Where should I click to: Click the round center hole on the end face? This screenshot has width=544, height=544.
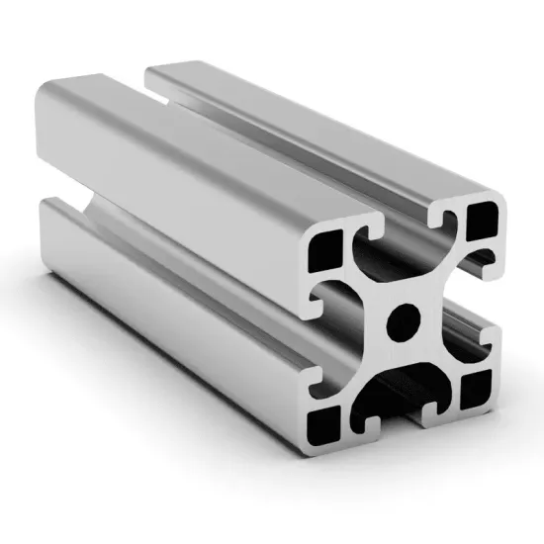click(x=404, y=318)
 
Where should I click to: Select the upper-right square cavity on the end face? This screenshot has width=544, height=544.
click(x=483, y=220)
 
